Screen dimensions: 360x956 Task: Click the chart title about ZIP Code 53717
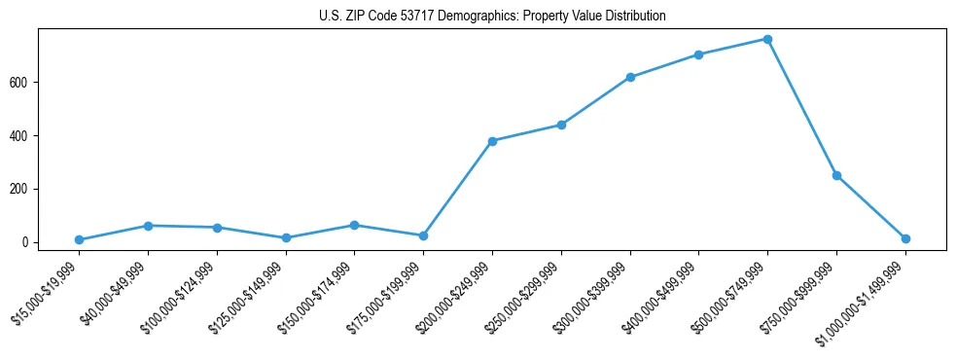point(492,17)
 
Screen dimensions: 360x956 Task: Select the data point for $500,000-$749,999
point(767,40)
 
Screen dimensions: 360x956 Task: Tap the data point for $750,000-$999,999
point(836,176)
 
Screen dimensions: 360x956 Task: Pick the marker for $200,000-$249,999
point(492,141)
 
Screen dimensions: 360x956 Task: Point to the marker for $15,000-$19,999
point(79,240)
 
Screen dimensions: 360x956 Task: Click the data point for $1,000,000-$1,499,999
point(905,238)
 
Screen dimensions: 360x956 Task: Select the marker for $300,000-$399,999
point(630,77)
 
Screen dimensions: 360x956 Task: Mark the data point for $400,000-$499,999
point(698,54)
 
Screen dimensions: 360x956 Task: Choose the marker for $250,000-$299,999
point(561,125)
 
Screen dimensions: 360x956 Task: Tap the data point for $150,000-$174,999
point(354,225)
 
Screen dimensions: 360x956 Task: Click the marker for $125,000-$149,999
point(286,237)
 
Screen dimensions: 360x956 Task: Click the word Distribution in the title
point(636,17)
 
